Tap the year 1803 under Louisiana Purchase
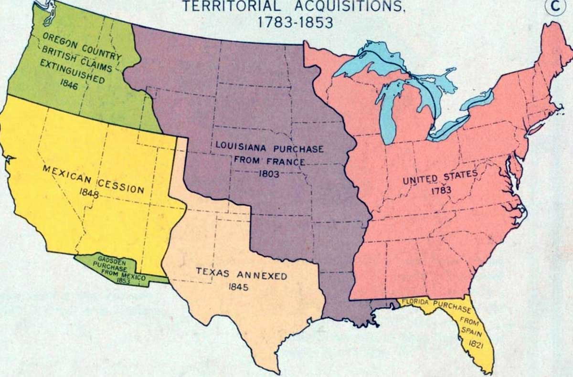(269, 174)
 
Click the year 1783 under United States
(440, 190)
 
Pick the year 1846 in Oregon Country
(69, 86)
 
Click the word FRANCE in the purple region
(291, 162)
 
